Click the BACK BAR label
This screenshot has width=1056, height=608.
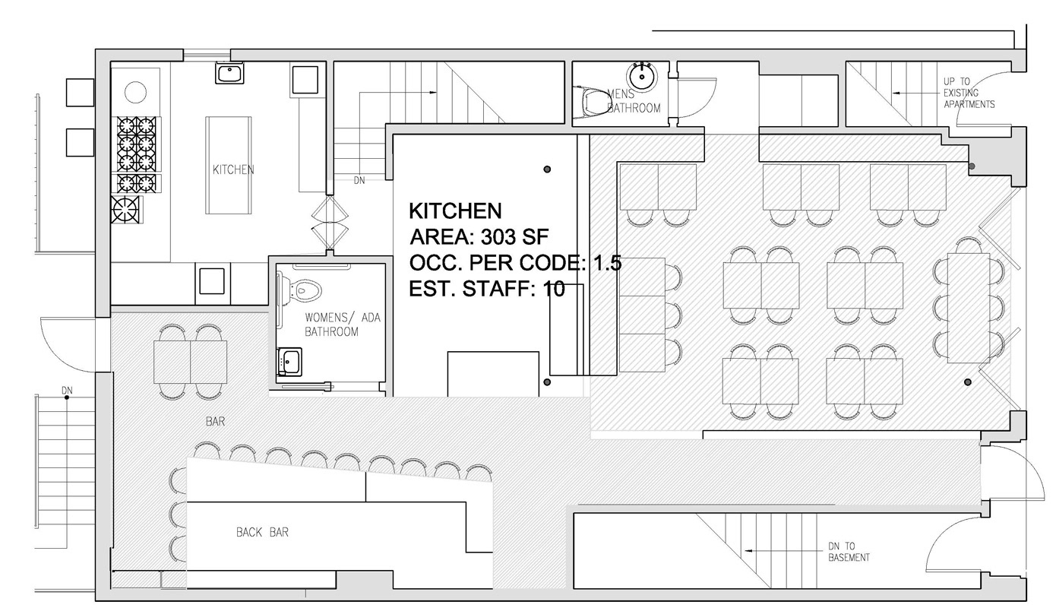pyautogui.click(x=262, y=532)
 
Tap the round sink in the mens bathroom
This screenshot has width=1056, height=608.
pyautogui.click(x=642, y=75)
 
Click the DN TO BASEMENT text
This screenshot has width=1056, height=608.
pyautogui.click(x=849, y=552)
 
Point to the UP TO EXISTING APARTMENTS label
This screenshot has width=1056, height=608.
pyautogui.click(x=969, y=93)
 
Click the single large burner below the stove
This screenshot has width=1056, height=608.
pyautogui.click(x=126, y=210)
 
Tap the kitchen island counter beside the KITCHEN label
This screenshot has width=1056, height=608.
pyautogui.click(x=228, y=165)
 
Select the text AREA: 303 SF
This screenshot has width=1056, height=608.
pyautogui.click(x=479, y=236)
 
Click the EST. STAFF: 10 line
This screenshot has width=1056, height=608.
pyautogui.click(x=486, y=288)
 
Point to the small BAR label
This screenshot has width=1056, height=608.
pyautogui.click(x=215, y=421)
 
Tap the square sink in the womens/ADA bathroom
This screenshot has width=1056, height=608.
pyautogui.click(x=289, y=361)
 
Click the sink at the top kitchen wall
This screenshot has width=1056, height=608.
pyautogui.click(x=229, y=73)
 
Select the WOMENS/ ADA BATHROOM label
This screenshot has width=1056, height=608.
pyautogui.click(x=343, y=325)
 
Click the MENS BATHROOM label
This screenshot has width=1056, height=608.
pyautogui.click(x=634, y=100)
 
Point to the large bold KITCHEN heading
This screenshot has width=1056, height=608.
pyautogui.click(x=455, y=211)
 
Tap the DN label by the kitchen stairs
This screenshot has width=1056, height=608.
pyautogui.click(x=359, y=180)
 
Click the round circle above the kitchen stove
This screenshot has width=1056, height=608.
pyautogui.click(x=135, y=92)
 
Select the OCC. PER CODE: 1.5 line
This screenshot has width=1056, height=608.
pyautogui.click(x=515, y=262)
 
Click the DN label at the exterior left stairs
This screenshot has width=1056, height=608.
pyautogui.click(x=67, y=391)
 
